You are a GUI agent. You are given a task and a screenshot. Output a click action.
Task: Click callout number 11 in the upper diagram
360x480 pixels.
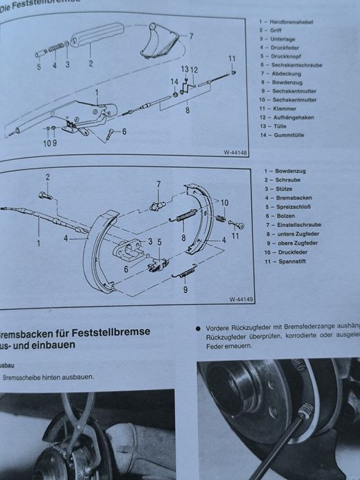click(232, 58)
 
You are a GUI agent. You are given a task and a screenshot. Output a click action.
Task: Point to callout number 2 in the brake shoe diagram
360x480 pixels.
click(49, 177)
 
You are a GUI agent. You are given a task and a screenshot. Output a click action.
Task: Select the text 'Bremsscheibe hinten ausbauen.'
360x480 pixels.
click(49, 377)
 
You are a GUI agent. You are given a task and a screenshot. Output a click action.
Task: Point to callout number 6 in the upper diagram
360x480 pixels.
click(123, 132)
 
